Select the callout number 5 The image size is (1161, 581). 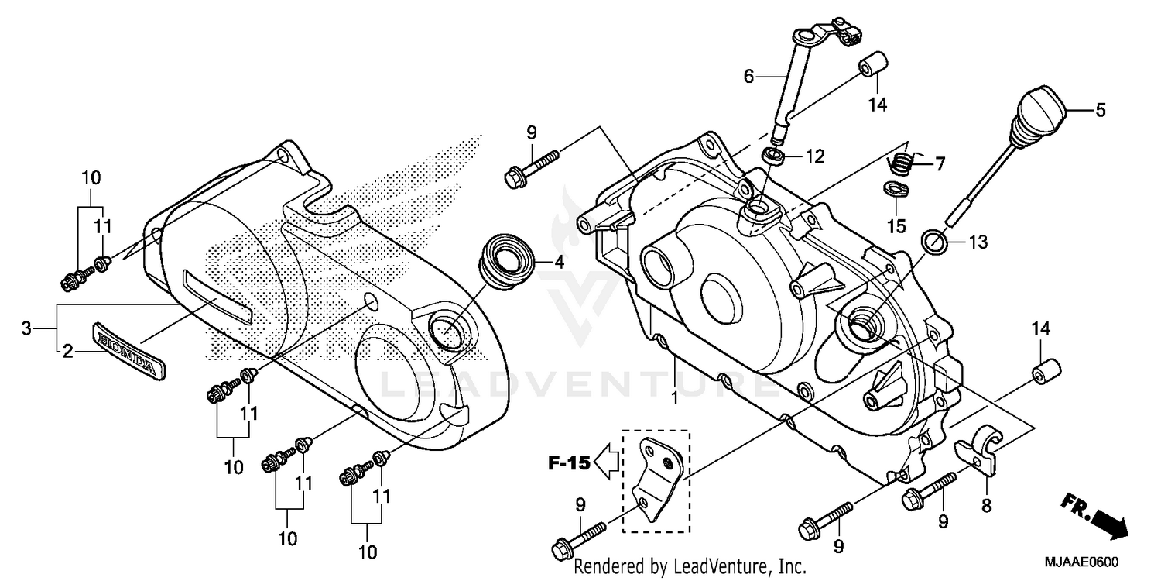click(x=1100, y=111)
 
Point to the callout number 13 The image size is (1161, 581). click(x=978, y=243)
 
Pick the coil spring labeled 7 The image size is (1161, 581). click(x=901, y=163)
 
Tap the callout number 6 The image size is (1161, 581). click(x=748, y=76)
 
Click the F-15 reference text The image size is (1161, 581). click(x=569, y=465)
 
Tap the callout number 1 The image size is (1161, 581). click(x=674, y=399)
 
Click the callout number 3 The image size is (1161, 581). click(x=26, y=328)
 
